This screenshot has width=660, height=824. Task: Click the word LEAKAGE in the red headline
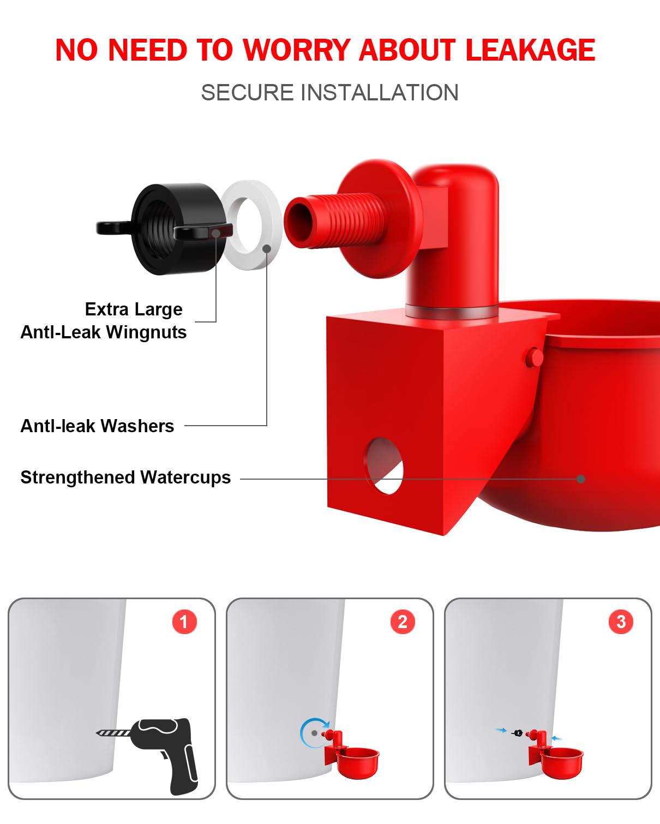(530, 50)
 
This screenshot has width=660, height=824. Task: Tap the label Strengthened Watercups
(125, 477)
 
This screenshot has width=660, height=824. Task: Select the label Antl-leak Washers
(97, 426)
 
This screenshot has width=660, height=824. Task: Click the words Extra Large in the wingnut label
(134, 309)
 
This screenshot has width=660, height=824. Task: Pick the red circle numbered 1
(184, 622)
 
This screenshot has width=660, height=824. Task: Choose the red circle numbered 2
(403, 622)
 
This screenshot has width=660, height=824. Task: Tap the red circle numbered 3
(621, 622)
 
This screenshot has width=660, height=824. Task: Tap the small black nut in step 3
(518, 733)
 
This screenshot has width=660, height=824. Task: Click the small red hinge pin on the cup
(535, 357)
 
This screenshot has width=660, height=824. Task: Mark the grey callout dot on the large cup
(581, 479)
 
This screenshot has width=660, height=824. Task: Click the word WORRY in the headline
(297, 50)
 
